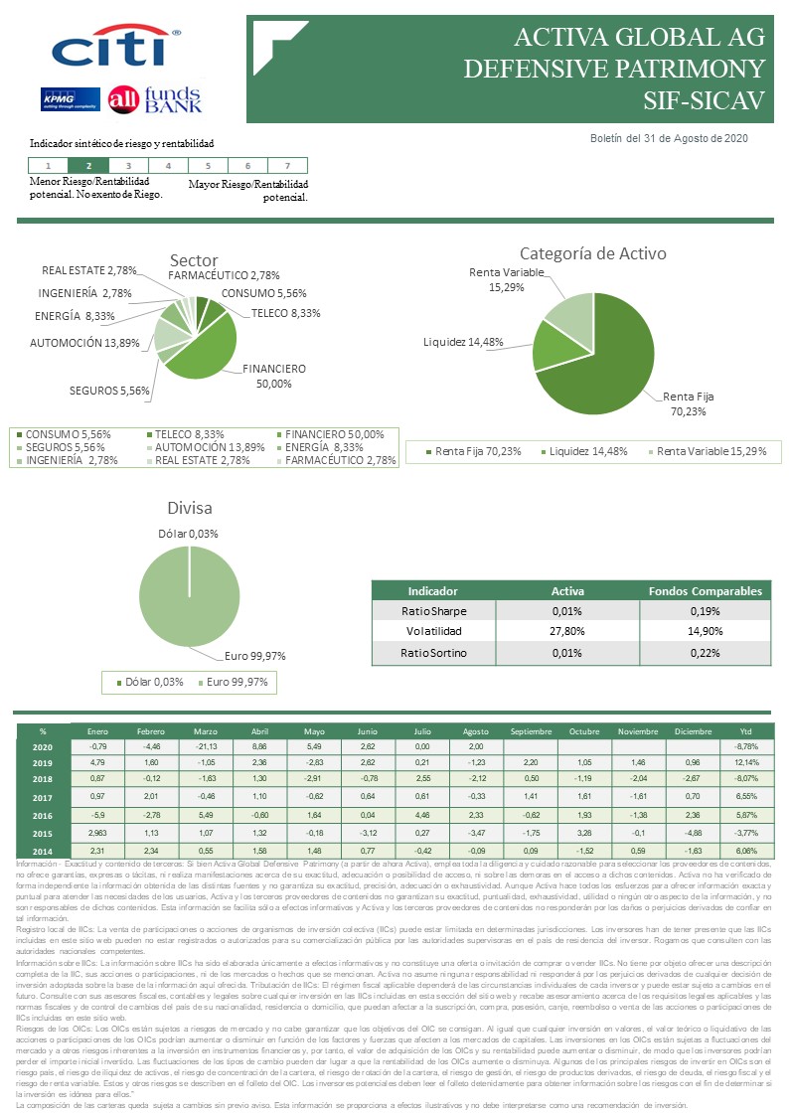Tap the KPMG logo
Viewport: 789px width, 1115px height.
(x=67, y=99)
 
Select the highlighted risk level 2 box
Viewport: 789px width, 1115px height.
(x=89, y=166)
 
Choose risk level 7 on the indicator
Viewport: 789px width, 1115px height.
(x=287, y=166)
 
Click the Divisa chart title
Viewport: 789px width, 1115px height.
(x=190, y=508)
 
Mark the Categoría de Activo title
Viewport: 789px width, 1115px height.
(x=592, y=253)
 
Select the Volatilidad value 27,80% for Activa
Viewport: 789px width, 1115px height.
(x=567, y=630)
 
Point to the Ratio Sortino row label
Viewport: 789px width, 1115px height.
(x=433, y=652)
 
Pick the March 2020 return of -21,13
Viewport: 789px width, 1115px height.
(x=206, y=745)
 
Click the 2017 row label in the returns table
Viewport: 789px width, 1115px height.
(x=42, y=797)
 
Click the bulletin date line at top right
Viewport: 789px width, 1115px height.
(x=669, y=138)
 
